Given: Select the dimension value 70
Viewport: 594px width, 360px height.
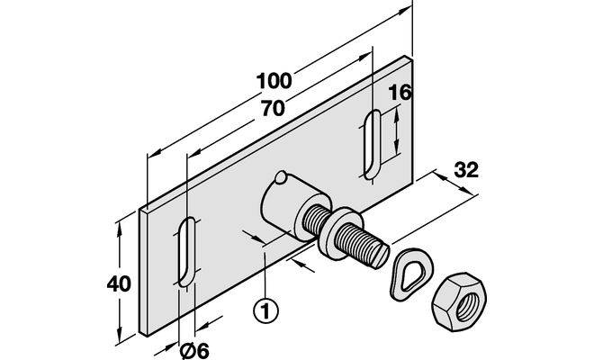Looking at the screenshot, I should (272, 107).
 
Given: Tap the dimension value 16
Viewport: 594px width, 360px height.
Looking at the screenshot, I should (400, 92).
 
